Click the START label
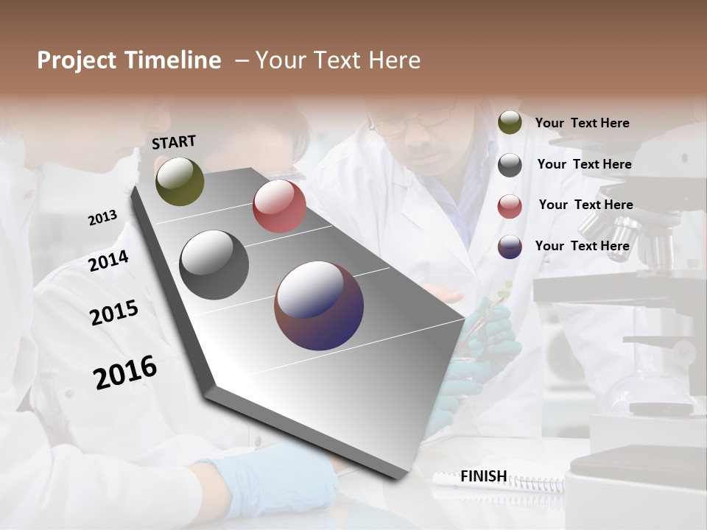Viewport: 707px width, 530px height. [174, 142]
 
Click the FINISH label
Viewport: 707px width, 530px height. [483, 476]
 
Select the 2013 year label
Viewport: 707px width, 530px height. [102, 218]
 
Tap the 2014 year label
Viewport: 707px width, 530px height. [108, 261]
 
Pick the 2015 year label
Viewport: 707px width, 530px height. [113, 313]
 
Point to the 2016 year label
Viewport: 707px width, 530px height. [125, 372]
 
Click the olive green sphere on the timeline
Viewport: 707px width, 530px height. [180, 181]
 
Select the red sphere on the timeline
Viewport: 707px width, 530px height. [279, 206]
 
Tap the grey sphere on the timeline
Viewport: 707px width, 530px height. [214, 265]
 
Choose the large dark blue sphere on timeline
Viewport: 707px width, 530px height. [319, 305]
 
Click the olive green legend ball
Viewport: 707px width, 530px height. [510, 123]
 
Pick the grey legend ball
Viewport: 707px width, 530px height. [510, 165]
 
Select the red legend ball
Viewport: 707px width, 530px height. [510, 206]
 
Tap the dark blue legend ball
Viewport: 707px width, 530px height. [510, 247]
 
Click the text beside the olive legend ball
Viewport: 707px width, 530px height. [582, 124]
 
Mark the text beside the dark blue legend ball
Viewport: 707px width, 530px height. [582, 246]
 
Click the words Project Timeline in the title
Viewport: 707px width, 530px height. [129, 60]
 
